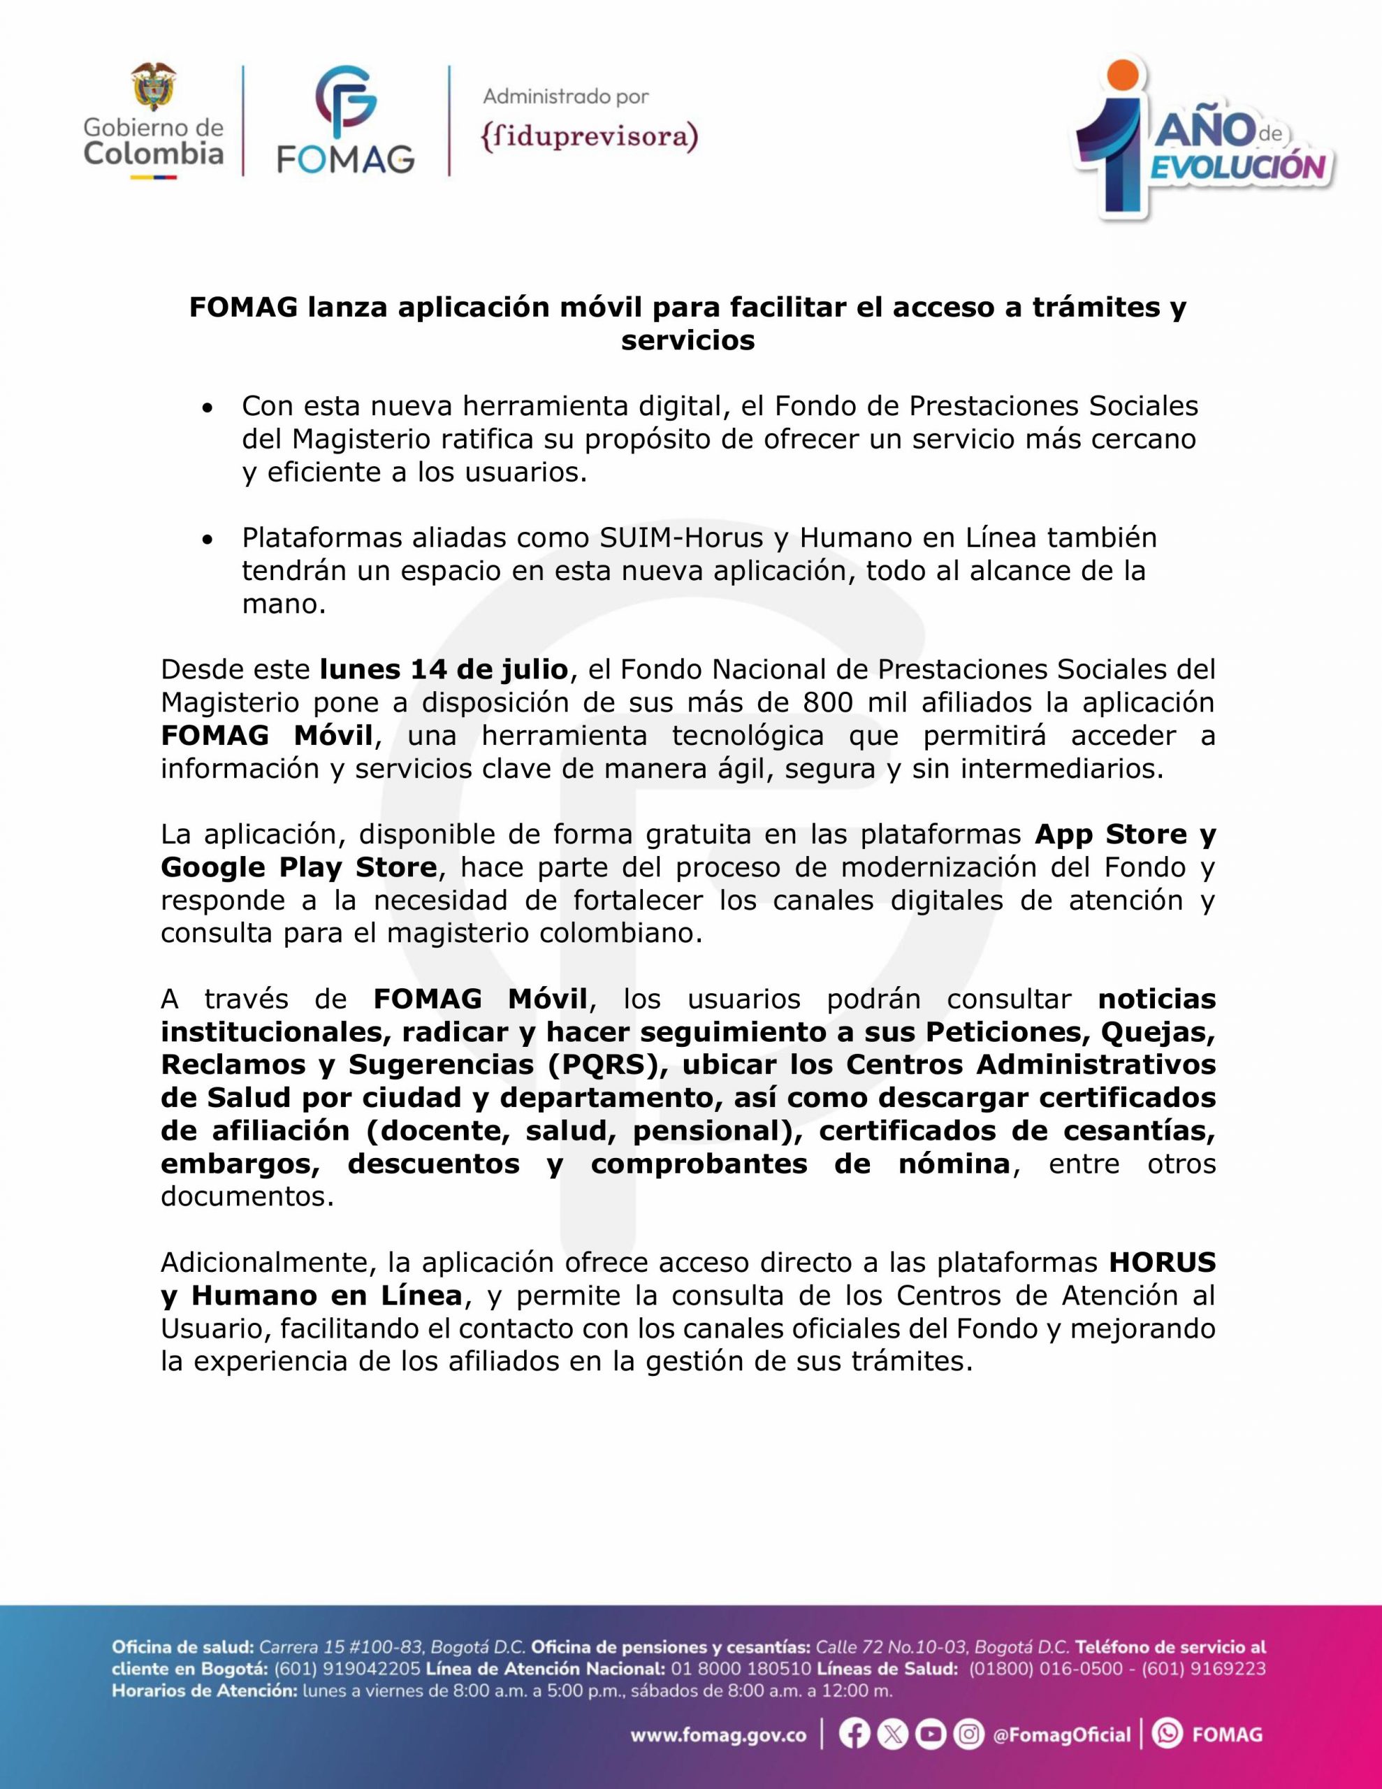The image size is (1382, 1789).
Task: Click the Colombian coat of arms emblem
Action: pyautogui.click(x=154, y=87)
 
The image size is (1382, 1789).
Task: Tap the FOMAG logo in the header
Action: pyautogui.click(x=346, y=121)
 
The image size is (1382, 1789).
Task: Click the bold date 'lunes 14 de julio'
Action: pyautogui.click(x=444, y=669)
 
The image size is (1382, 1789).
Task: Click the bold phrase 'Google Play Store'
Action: pyautogui.click(x=299, y=867)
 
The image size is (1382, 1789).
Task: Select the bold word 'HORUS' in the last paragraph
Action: pyautogui.click(x=1163, y=1262)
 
